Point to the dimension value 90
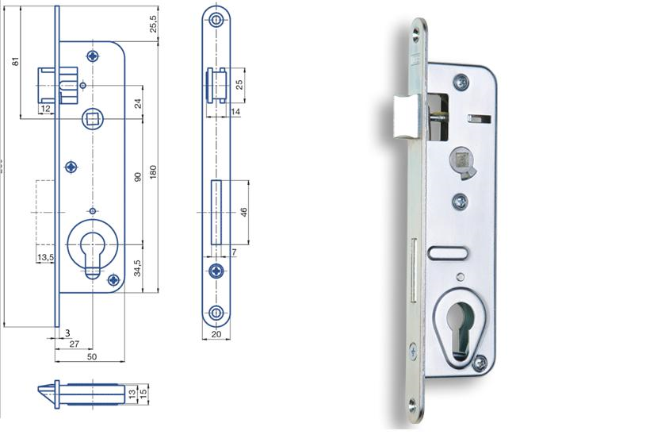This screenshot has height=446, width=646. coord(137,177)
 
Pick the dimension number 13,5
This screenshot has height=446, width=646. coord(44,258)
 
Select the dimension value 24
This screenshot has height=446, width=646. coord(137,102)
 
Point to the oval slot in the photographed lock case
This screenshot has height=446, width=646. coord(449,252)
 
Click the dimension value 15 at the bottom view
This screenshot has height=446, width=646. coord(143,394)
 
